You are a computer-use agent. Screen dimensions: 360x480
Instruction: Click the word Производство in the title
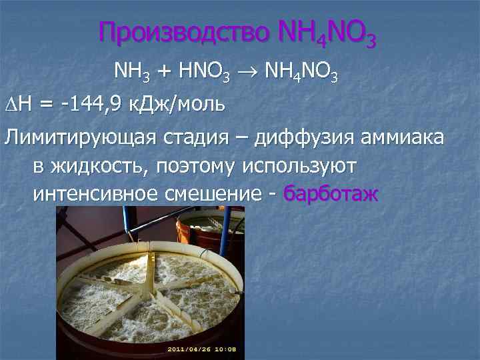click(182, 32)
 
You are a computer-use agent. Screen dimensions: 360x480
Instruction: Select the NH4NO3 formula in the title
click(325, 33)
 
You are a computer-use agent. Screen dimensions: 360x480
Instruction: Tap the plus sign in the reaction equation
click(163, 70)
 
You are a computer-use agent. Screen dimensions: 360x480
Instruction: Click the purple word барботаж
click(331, 194)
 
